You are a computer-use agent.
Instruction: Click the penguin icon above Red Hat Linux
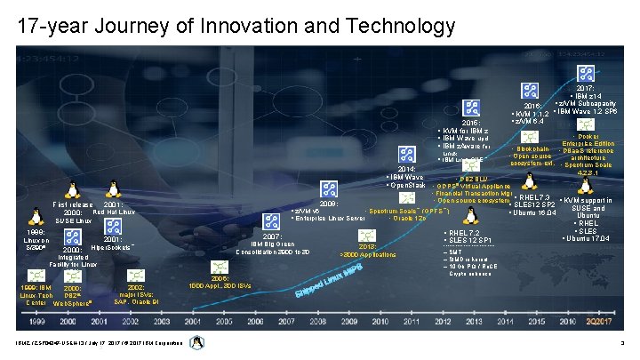click(114, 188)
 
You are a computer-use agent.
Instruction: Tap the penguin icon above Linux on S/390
click(36, 216)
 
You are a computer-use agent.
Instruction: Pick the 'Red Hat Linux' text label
click(115, 212)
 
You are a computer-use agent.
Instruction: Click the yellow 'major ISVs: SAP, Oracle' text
click(132, 295)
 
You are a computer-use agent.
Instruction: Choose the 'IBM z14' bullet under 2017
click(590, 95)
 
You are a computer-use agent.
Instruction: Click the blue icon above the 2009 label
click(329, 188)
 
